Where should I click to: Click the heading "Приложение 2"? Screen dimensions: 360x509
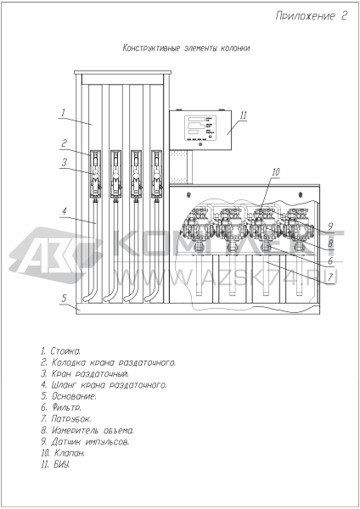[312, 15]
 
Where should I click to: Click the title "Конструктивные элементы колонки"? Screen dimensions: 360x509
[186, 48]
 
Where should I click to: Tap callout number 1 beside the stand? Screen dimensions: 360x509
[64, 113]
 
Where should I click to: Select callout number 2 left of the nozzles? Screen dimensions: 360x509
[65, 143]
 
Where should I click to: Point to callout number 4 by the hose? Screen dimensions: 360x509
[65, 211]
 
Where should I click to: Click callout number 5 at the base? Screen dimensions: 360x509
[65, 298]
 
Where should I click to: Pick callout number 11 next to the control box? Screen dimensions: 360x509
[244, 115]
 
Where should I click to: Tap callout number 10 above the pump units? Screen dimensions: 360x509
[276, 171]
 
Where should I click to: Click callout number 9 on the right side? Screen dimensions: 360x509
[330, 227]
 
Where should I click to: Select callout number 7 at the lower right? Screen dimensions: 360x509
[330, 277]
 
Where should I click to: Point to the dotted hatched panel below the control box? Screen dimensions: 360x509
[178, 167]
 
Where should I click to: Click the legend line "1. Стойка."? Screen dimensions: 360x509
[61, 351]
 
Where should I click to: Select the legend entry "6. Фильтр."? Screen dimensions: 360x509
[61, 407]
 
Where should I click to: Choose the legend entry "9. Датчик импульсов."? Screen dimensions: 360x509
[85, 441]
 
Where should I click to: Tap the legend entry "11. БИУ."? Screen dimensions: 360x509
[55, 464]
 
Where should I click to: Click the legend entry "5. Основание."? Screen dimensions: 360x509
[69, 396]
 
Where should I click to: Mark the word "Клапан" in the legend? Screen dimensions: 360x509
[70, 453]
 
